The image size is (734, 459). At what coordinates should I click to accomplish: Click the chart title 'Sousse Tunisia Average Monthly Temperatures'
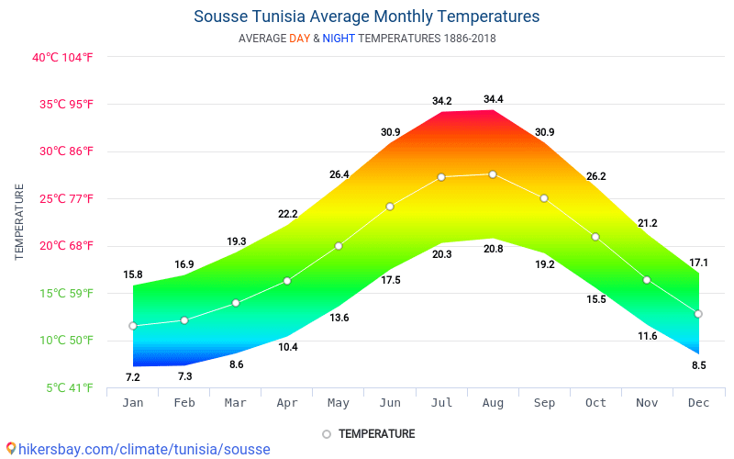point(366,17)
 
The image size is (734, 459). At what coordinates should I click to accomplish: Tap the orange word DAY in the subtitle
point(300,39)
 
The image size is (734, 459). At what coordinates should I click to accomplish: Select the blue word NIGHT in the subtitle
point(339,39)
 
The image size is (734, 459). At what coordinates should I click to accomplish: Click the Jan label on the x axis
point(133,403)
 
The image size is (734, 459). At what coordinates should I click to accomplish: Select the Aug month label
point(493,403)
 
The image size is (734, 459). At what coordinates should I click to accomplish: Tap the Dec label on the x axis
point(698,403)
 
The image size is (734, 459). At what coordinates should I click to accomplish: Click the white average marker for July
point(441,177)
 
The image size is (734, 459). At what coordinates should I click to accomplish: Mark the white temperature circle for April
point(287,281)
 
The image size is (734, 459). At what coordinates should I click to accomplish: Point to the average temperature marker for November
point(647,280)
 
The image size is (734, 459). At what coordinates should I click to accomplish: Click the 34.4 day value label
point(494,99)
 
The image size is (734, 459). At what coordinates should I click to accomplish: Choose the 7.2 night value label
point(132,377)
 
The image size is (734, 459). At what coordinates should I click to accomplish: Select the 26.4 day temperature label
point(339,174)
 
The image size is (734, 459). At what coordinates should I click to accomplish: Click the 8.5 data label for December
point(699,365)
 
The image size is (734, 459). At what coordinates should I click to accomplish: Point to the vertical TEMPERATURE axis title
point(19,221)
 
